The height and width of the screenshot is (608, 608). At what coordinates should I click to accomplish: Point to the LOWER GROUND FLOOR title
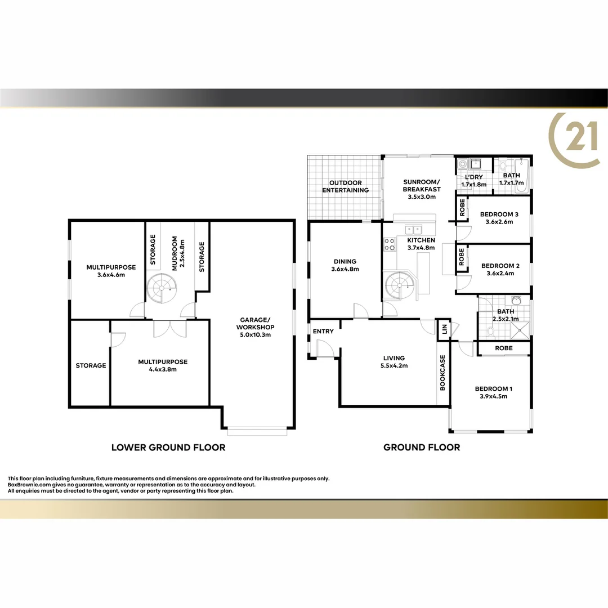pos(168,448)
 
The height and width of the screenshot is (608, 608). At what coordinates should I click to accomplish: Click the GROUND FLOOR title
pos(422,448)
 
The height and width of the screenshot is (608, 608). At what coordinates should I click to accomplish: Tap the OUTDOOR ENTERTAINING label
pos(345,186)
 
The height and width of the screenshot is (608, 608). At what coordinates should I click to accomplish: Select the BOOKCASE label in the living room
pos(442,373)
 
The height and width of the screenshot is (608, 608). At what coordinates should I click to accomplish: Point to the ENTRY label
pos(323,331)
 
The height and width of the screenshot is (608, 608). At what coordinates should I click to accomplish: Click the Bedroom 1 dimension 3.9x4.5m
pos(491,396)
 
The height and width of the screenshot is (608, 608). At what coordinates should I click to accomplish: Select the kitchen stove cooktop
pos(389,244)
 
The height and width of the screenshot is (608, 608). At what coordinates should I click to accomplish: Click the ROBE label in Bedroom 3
pos(462,208)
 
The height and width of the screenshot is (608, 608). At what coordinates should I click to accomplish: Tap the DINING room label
pos(345,261)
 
